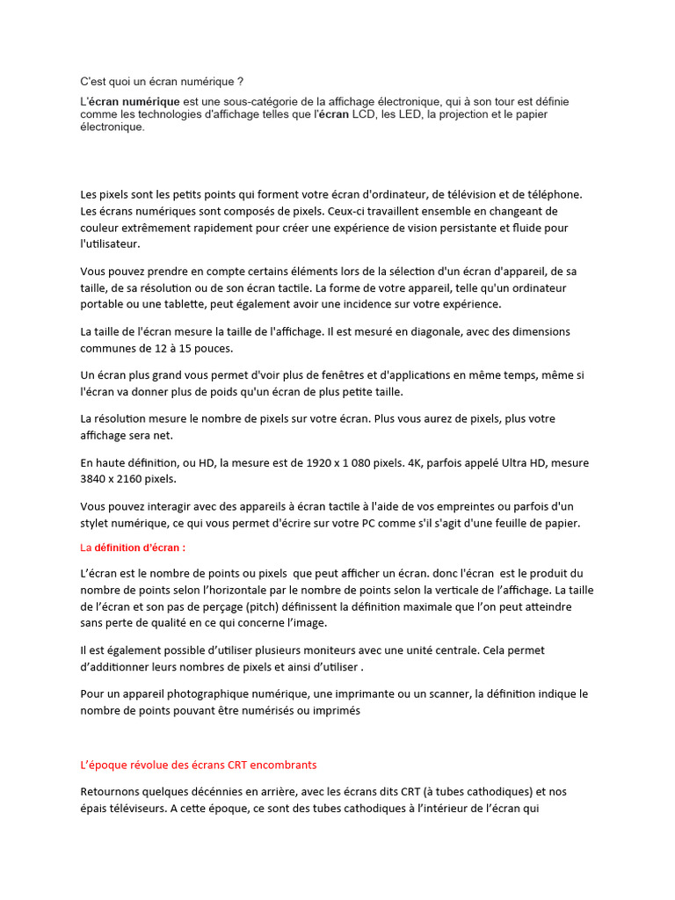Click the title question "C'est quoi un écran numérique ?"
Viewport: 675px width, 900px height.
click(x=162, y=82)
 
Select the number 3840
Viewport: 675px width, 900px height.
click(x=96, y=479)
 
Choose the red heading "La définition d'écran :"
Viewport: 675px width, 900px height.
click(x=133, y=548)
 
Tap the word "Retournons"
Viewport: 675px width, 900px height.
click(x=112, y=791)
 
